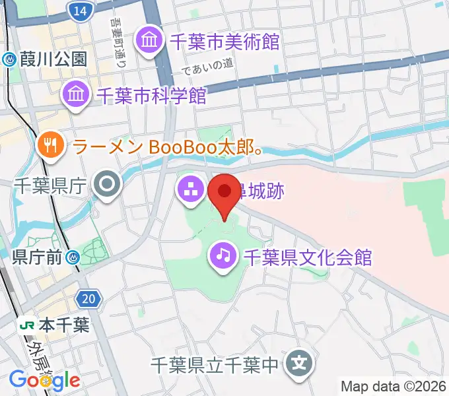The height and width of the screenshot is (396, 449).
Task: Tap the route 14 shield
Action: click(x=79, y=11)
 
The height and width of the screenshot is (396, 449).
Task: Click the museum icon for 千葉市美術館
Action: click(x=149, y=42)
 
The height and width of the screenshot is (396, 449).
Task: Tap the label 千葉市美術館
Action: click(x=224, y=42)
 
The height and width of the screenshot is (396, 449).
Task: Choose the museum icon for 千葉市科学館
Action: click(x=77, y=96)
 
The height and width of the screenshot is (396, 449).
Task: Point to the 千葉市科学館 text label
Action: click(x=151, y=96)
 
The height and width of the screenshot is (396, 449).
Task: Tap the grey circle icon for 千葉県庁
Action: click(x=106, y=185)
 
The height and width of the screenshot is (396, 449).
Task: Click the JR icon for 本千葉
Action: click(x=28, y=325)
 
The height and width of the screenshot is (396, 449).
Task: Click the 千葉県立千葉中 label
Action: click(x=215, y=364)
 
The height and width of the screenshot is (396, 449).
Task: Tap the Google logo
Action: click(x=44, y=380)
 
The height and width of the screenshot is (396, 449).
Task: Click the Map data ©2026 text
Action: click(x=394, y=386)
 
